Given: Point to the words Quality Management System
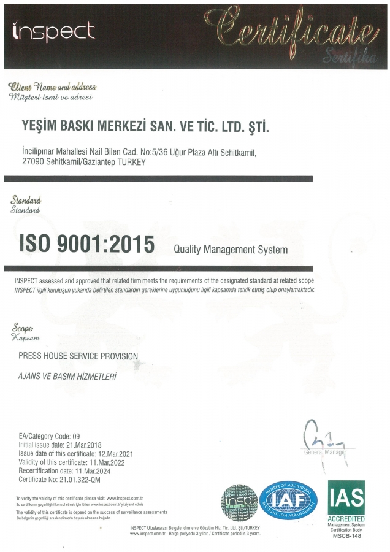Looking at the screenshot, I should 231,250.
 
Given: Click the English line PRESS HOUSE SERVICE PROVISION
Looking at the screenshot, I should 78,356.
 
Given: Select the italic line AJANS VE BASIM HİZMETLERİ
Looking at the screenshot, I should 67,374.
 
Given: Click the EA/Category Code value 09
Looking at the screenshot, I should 76,435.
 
